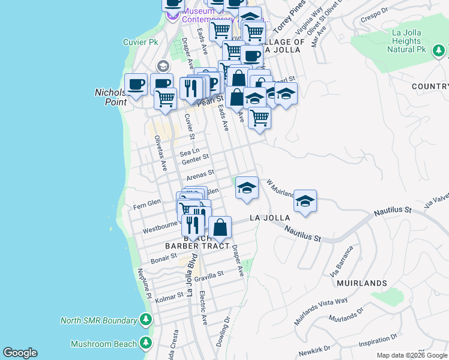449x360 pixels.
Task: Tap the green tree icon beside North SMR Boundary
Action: [145, 320]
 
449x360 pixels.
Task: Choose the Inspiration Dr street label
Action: [379, 340]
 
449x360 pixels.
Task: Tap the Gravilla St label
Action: [208, 274]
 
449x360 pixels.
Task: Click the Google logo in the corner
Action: [20, 353]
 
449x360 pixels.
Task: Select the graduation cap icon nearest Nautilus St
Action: [305, 201]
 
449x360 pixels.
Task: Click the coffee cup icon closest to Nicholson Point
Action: [136, 85]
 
